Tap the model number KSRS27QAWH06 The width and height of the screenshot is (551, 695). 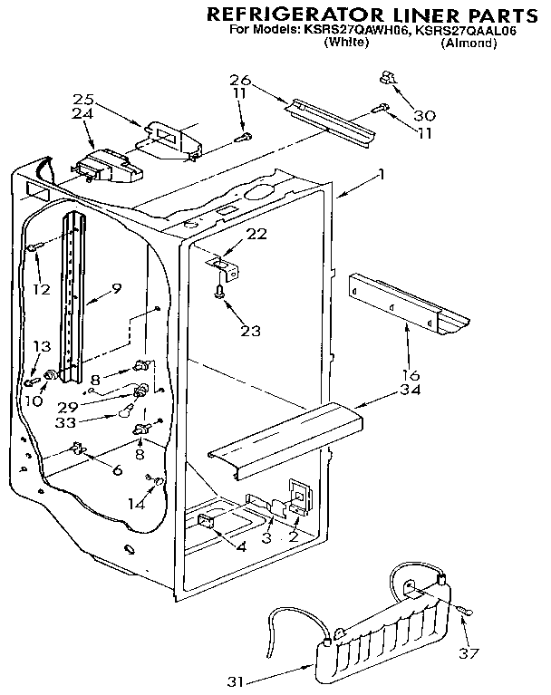319,30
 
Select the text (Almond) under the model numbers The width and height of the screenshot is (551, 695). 468,43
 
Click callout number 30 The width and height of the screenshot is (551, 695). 424,115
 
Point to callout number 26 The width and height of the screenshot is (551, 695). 238,79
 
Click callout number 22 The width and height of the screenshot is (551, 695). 256,233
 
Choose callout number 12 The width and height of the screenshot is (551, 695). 39,289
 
